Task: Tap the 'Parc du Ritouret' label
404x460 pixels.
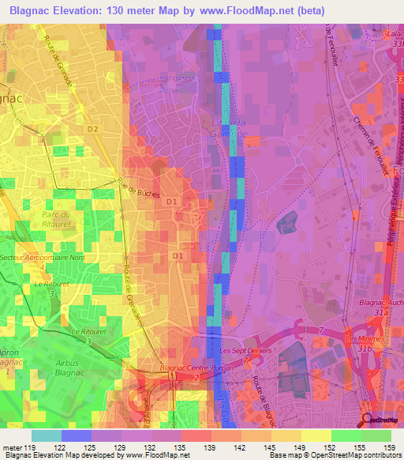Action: (57, 219)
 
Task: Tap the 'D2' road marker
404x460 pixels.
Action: (93, 128)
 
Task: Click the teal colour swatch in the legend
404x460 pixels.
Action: (47, 435)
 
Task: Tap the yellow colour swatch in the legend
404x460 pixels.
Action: (316, 435)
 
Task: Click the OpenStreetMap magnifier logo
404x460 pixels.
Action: (368, 420)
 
